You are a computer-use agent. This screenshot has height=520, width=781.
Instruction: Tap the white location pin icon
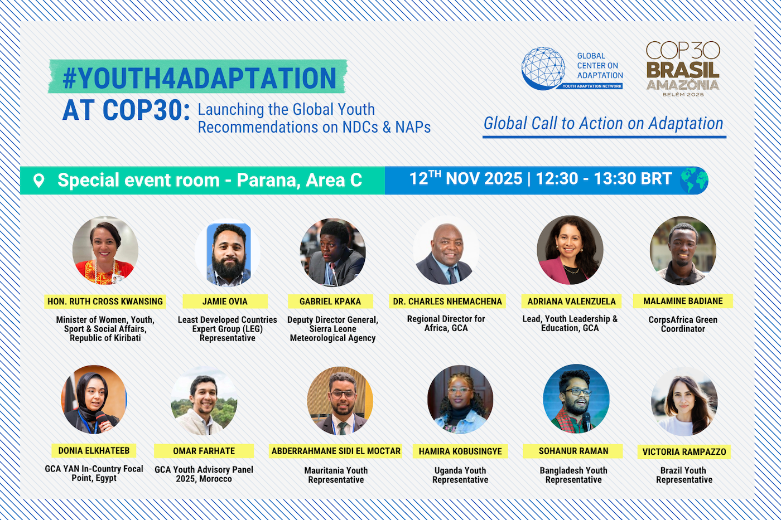(38, 181)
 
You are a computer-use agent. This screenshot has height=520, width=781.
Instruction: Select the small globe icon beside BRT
(694, 180)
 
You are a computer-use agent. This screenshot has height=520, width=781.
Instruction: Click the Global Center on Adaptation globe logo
(543, 68)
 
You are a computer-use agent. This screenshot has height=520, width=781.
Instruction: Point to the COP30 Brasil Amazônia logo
(683, 69)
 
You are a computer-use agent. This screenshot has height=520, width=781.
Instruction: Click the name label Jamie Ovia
(225, 302)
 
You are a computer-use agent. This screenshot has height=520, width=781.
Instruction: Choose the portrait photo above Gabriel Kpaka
(332, 252)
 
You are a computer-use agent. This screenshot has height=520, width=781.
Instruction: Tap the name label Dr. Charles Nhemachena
(447, 302)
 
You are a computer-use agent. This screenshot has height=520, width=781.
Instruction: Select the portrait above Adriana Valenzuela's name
(570, 250)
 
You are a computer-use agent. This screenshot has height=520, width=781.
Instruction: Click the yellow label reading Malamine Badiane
(683, 301)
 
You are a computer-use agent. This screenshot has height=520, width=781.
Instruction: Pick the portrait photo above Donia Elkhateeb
(94, 399)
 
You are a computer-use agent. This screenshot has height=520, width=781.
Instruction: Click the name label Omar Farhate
(204, 451)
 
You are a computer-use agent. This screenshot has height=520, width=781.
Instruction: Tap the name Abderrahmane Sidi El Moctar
(336, 451)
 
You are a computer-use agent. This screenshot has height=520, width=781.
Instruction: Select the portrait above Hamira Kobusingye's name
(460, 399)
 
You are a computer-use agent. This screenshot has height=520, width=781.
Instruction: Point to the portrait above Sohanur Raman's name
(576, 398)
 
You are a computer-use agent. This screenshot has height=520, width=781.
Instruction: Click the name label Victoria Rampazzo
(684, 452)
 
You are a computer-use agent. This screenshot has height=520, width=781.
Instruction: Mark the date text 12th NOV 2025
(465, 179)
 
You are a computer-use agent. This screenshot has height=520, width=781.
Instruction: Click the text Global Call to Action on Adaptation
(603, 123)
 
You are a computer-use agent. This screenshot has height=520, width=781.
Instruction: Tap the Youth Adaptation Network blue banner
(592, 86)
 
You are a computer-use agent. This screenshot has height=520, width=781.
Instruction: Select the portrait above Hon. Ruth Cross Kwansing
(105, 250)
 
